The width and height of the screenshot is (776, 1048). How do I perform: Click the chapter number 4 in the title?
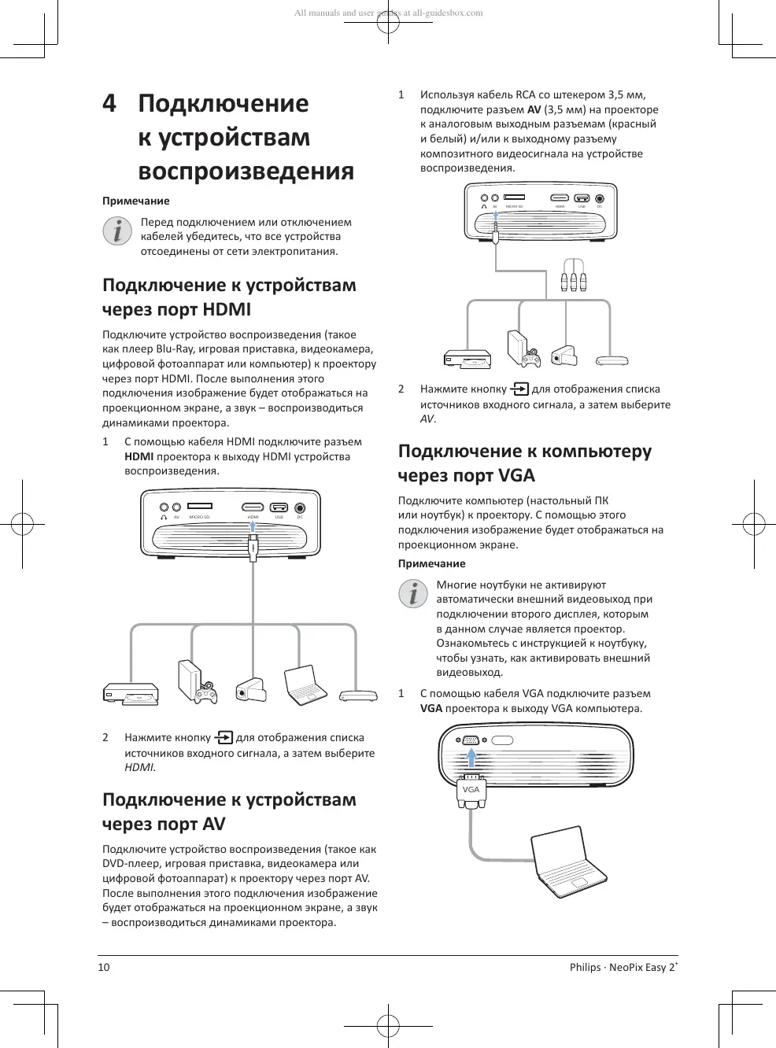[x=109, y=104]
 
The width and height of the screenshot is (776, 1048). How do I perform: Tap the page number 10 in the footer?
[x=104, y=967]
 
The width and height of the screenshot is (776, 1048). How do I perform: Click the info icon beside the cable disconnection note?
[x=117, y=231]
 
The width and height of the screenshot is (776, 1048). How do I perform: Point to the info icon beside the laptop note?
[x=413, y=592]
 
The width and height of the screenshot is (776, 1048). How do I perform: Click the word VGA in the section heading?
[x=516, y=475]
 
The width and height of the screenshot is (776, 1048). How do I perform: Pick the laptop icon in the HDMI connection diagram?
[x=305, y=685]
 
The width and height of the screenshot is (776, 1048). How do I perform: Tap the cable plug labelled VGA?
[x=471, y=791]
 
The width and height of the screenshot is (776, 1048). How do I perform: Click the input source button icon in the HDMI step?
[x=224, y=737]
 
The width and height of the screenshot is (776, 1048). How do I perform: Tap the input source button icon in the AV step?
[x=519, y=389]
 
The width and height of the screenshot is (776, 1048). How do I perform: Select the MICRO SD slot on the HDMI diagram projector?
[x=199, y=507]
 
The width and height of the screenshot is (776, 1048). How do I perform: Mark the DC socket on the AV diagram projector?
[x=600, y=199]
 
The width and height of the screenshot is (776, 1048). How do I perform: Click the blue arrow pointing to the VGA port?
[x=471, y=756]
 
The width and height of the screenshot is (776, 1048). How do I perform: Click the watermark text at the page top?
[x=388, y=13]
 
